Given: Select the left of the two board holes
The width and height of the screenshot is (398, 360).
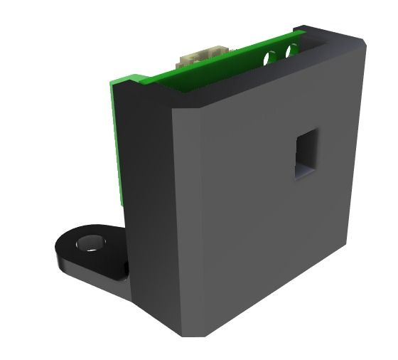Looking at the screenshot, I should coord(271,55).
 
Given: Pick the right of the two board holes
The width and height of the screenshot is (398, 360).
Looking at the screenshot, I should coord(290,51).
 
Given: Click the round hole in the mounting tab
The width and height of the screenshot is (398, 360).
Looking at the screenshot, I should coord(90,243).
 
